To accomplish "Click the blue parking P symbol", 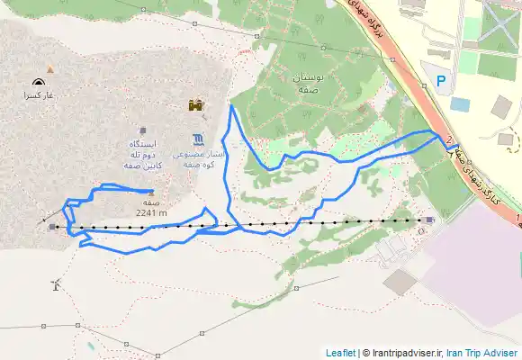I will click(440, 81).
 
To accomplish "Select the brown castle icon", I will click(193, 106).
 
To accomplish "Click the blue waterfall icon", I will click(198, 139).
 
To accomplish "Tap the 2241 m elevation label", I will click(151, 213).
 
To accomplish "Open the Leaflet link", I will click(340, 353).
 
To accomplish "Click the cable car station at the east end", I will click(429, 220).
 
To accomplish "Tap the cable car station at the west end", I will click(53, 227).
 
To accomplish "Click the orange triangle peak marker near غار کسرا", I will click(50, 68).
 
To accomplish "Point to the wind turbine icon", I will click(56, 285).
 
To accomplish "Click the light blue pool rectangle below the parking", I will click(460, 103).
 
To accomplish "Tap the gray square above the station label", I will click(143, 130).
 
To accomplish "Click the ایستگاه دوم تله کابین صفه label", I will click(143, 155).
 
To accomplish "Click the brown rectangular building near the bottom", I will click(400, 282).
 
